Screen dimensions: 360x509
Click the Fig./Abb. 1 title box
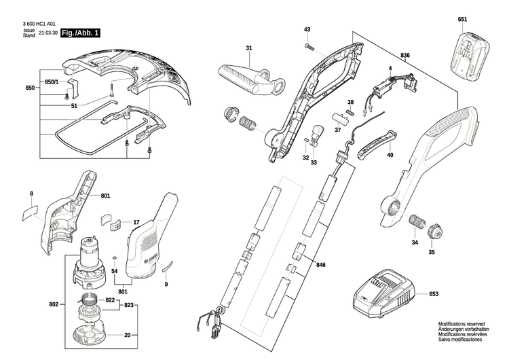[x=80, y=33]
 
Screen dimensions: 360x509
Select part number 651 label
[x=462, y=19]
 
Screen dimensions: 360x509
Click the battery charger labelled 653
[x=381, y=293]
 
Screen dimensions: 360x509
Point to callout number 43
[x=307, y=30]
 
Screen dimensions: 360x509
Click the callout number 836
[x=405, y=55]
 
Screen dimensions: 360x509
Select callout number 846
[x=320, y=264]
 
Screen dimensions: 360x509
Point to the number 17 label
[x=136, y=222]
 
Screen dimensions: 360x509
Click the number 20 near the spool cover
[x=127, y=335]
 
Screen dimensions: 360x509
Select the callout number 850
[x=29, y=89]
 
